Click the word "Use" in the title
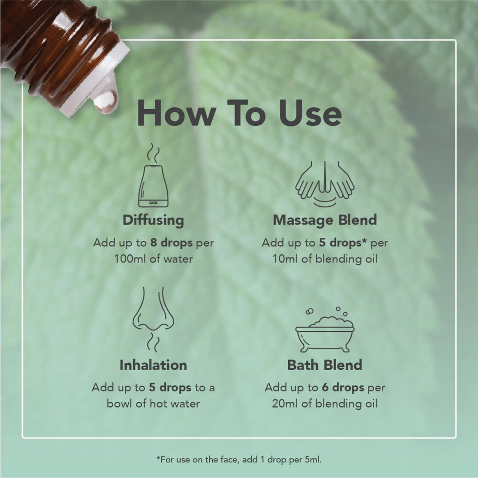[x=310, y=113]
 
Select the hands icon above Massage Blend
[x=325, y=184]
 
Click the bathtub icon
[x=325, y=330]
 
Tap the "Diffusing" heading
[x=153, y=220]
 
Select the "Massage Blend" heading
[x=325, y=220]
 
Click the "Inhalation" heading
[x=153, y=365]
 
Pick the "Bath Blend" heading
[x=325, y=365]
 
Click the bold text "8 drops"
[x=172, y=243]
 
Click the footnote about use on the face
[x=239, y=459]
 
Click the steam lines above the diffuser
[x=153, y=153]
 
